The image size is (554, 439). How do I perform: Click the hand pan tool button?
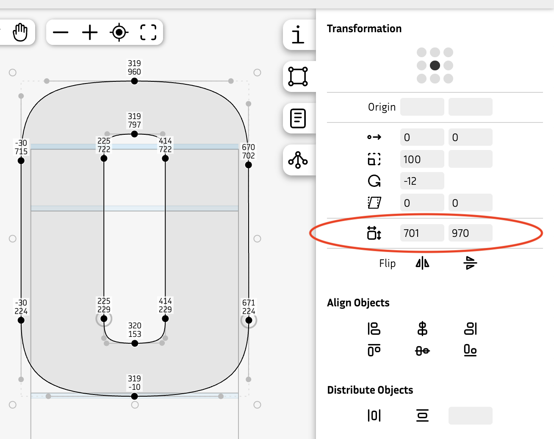pos(20,32)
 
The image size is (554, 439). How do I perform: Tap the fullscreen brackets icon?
pos(148,32)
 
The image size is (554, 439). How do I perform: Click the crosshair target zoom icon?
pos(119,32)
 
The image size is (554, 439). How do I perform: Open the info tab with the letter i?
pos(298,35)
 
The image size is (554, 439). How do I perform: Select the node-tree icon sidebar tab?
pos(298,160)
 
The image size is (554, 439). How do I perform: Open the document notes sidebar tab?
pos(298,118)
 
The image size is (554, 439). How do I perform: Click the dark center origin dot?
pos(435,65)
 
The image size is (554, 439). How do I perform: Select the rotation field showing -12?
pos(422,181)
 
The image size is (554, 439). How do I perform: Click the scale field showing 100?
pos(422,159)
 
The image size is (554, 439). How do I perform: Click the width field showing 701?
pos(422,233)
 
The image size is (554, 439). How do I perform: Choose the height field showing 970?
pos(470,233)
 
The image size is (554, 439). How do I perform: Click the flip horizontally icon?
pos(422,263)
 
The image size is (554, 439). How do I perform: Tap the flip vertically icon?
pos(470,263)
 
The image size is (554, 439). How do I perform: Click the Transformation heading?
pos(364,28)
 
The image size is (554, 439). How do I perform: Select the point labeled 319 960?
pos(134,81)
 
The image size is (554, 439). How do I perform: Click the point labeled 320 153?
pos(135,343)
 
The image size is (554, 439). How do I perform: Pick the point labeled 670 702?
pos(249,165)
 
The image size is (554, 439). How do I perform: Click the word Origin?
pos(382,107)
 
